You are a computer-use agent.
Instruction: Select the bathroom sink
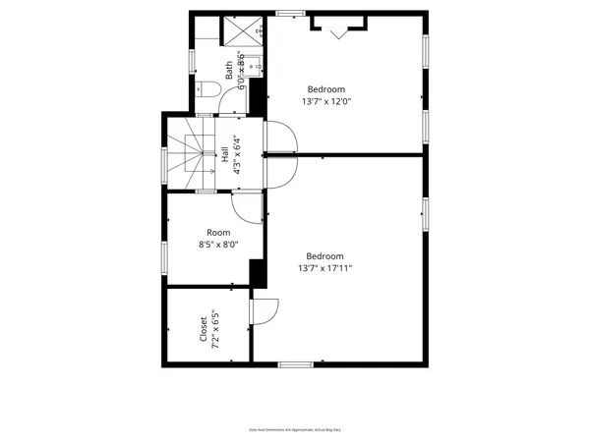251,65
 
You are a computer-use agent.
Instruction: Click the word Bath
229,71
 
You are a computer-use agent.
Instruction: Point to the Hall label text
225,153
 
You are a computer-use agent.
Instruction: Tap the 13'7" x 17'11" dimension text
325,267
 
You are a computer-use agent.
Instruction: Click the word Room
217,233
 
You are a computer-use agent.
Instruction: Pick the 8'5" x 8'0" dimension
217,245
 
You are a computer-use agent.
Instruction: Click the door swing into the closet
263,309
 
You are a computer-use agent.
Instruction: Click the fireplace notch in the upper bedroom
340,28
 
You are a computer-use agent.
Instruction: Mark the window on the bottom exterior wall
295,364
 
